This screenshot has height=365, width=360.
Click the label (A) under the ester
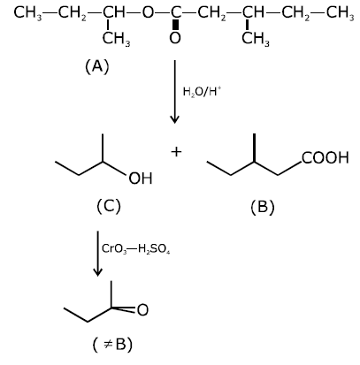[97, 66]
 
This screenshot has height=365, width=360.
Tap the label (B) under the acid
[263, 207]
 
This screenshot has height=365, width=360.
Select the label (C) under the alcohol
[109, 206]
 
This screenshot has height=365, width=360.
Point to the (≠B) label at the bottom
[112, 344]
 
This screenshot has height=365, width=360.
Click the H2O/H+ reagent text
[202, 92]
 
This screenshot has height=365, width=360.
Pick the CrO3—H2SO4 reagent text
[135, 249]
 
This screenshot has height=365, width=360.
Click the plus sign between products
[176, 152]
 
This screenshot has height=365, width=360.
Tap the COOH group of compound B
[325, 157]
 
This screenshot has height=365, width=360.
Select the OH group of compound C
[141, 179]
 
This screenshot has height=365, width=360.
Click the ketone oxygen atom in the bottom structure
[142, 310]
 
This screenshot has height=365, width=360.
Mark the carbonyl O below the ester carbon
[175, 38]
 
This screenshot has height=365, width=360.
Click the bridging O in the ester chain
[148, 12]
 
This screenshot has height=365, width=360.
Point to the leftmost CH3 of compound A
[27, 13]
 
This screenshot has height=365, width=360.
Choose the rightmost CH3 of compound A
[340, 13]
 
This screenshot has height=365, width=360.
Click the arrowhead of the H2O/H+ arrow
[175, 119]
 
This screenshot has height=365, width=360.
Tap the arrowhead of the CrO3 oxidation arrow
[98, 272]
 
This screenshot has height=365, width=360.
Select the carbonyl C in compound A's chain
[175, 12]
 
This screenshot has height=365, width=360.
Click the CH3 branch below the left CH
[116, 39]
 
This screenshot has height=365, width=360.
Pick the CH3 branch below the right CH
[256, 39]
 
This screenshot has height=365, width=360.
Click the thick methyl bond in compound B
[254, 148]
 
